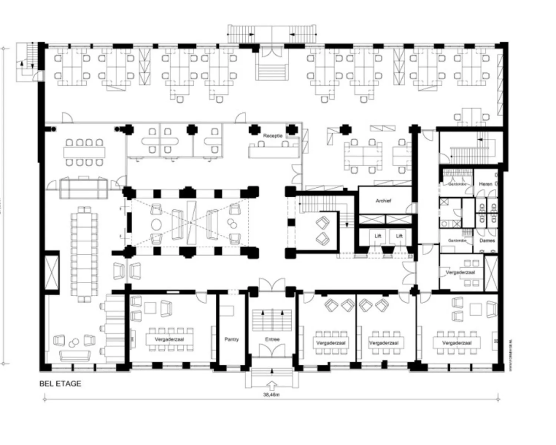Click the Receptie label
[x=272, y=136]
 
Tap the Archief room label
[x=383, y=201]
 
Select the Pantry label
[x=231, y=339]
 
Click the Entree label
[x=272, y=339]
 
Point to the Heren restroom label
[x=486, y=184]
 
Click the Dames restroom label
[x=487, y=240]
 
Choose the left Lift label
[x=378, y=236]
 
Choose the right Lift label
[x=399, y=236]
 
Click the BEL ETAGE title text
[x=60, y=384]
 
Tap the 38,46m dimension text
[x=271, y=395]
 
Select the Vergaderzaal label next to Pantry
[x=169, y=339]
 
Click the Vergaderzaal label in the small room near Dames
[x=460, y=272]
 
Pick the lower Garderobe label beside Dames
[x=457, y=241]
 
